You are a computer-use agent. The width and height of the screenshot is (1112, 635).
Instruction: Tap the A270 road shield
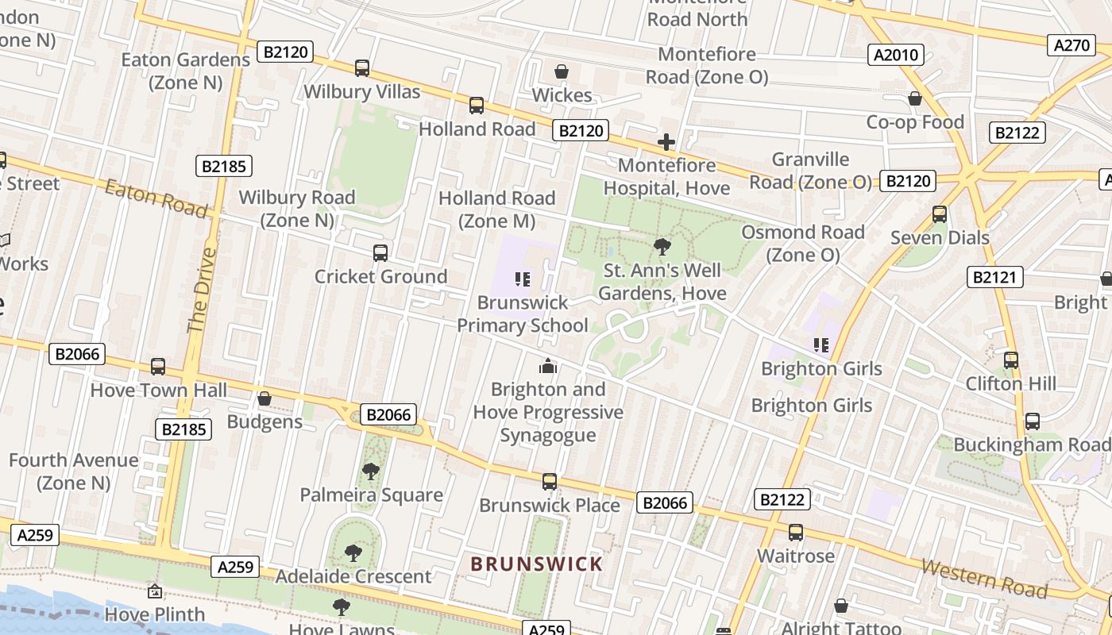(x=1071, y=45)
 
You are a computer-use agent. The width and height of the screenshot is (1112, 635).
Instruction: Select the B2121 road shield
(x=995, y=277)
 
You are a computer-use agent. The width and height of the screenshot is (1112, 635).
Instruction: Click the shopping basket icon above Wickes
(x=562, y=71)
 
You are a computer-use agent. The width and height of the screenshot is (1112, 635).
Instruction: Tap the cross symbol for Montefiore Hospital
(x=666, y=142)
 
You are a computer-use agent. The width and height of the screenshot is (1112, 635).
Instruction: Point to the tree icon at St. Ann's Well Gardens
(x=662, y=247)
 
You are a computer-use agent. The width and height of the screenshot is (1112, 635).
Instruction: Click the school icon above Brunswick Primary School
(x=523, y=279)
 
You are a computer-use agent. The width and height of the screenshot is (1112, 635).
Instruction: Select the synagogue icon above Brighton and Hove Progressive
(x=548, y=366)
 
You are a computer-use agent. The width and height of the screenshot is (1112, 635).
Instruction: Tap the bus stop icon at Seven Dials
(x=940, y=214)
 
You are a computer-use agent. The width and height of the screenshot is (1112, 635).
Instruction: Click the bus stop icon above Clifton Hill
(x=1010, y=360)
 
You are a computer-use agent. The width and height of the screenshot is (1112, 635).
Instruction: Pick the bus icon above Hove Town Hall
(x=158, y=367)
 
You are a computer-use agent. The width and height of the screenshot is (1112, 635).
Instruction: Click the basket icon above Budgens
(x=264, y=398)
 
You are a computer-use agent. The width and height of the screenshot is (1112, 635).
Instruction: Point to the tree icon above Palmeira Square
(x=370, y=471)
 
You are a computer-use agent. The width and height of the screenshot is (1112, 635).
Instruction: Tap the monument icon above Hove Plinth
(x=155, y=591)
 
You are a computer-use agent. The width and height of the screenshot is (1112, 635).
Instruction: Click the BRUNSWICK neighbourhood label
(x=537, y=564)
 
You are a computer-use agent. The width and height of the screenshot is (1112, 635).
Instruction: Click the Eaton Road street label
(x=156, y=198)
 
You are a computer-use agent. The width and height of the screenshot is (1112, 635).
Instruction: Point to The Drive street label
(x=202, y=290)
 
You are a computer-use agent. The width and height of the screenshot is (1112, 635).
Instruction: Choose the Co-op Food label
(x=915, y=122)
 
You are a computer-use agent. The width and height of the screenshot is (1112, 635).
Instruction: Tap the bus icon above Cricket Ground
(x=380, y=253)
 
